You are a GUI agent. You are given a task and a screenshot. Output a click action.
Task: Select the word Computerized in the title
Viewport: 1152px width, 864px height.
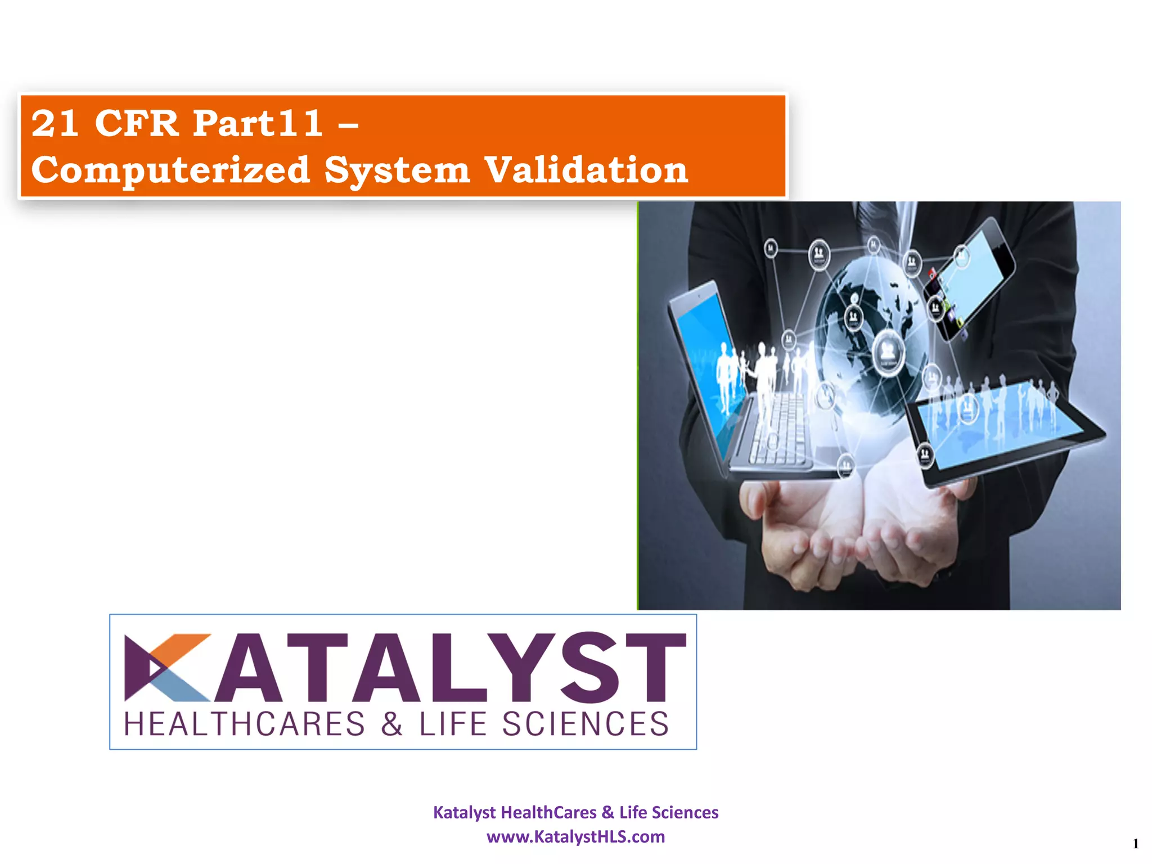click(x=170, y=169)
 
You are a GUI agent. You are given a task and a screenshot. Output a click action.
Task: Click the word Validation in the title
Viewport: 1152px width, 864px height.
click(x=586, y=169)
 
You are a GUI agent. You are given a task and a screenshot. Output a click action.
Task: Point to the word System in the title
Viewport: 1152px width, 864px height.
click(x=397, y=169)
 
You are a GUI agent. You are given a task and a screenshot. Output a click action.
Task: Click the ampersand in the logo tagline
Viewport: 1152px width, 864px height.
click(x=391, y=724)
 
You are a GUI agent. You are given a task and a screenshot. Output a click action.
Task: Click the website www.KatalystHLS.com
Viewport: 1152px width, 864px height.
click(x=575, y=836)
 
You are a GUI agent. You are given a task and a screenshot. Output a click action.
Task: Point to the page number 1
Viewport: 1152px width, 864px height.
click(x=1135, y=844)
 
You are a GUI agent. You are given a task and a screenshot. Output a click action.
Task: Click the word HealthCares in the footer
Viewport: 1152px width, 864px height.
click(x=548, y=812)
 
